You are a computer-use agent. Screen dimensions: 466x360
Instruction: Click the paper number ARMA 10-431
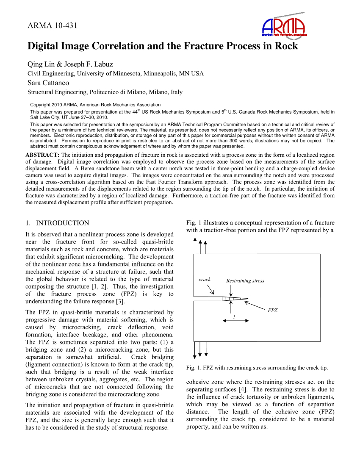coord(52,25)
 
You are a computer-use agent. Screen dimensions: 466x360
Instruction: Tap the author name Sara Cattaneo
coord(48,83)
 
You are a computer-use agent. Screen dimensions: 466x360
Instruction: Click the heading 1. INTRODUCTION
coord(57,223)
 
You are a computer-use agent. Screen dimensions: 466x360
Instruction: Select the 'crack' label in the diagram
coord(205,280)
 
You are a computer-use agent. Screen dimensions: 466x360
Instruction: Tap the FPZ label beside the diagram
coord(272,311)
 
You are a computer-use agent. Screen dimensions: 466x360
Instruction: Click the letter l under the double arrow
coord(234,316)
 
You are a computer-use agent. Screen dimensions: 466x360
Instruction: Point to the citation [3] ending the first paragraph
coord(120,302)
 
